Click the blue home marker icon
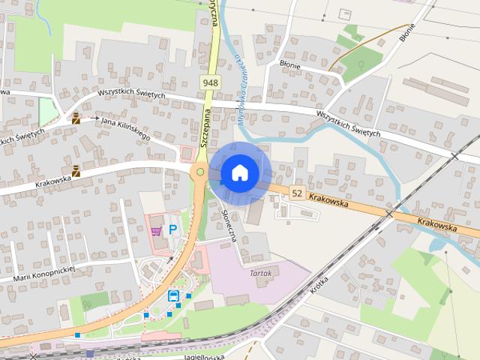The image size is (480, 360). [239, 172]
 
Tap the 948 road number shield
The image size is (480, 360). [210, 81]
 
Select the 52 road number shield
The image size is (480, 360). [297, 193]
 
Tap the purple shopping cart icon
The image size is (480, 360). [156, 231]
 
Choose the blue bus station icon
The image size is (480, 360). [173, 296]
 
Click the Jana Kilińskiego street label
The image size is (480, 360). [125, 127]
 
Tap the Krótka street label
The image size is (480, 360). [319, 283]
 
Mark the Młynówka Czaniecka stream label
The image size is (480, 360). [241, 86]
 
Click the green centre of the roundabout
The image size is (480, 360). [200, 172]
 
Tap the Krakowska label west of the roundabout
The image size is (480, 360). [52, 179]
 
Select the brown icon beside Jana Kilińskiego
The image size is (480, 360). [76, 118]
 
